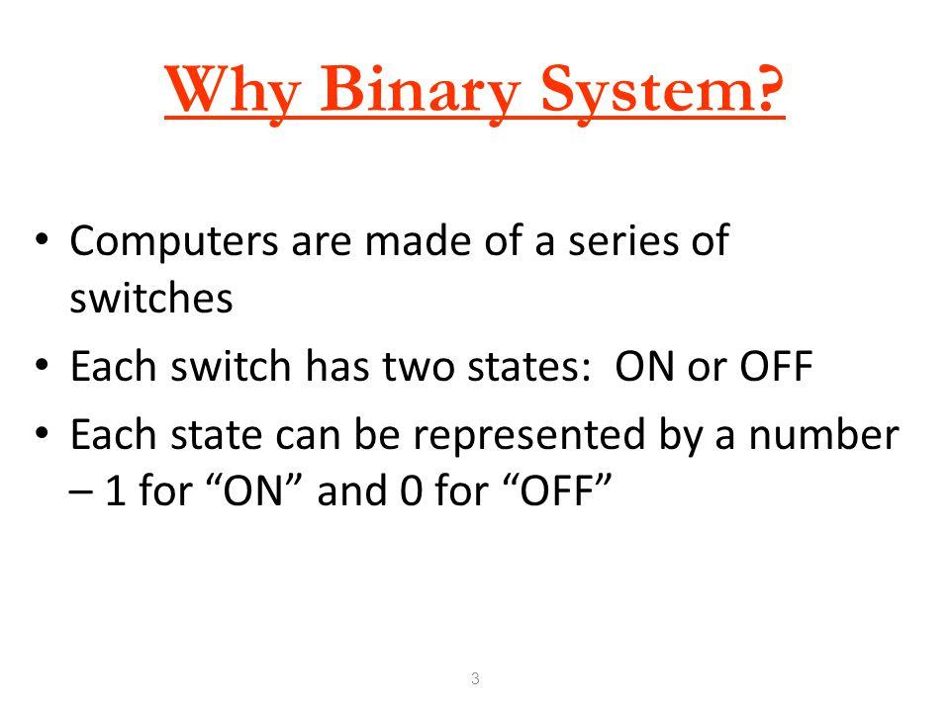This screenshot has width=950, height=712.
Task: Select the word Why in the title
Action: (x=233, y=91)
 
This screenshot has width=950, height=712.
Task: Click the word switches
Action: (x=150, y=298)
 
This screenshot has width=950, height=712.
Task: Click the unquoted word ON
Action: (x=644, y=366)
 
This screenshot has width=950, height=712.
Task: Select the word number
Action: (x=824, y=435)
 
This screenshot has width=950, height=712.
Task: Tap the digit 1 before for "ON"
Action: (x=116, y=490)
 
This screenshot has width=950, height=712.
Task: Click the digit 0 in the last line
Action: (x=411, y=490)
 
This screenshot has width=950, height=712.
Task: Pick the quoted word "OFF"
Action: (x=557, y=489)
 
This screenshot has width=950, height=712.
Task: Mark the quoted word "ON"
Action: (x=254, y=489)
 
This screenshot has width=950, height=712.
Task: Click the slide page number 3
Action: (x=475, y=678)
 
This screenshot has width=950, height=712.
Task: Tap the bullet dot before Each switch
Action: (x=42, y=366)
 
